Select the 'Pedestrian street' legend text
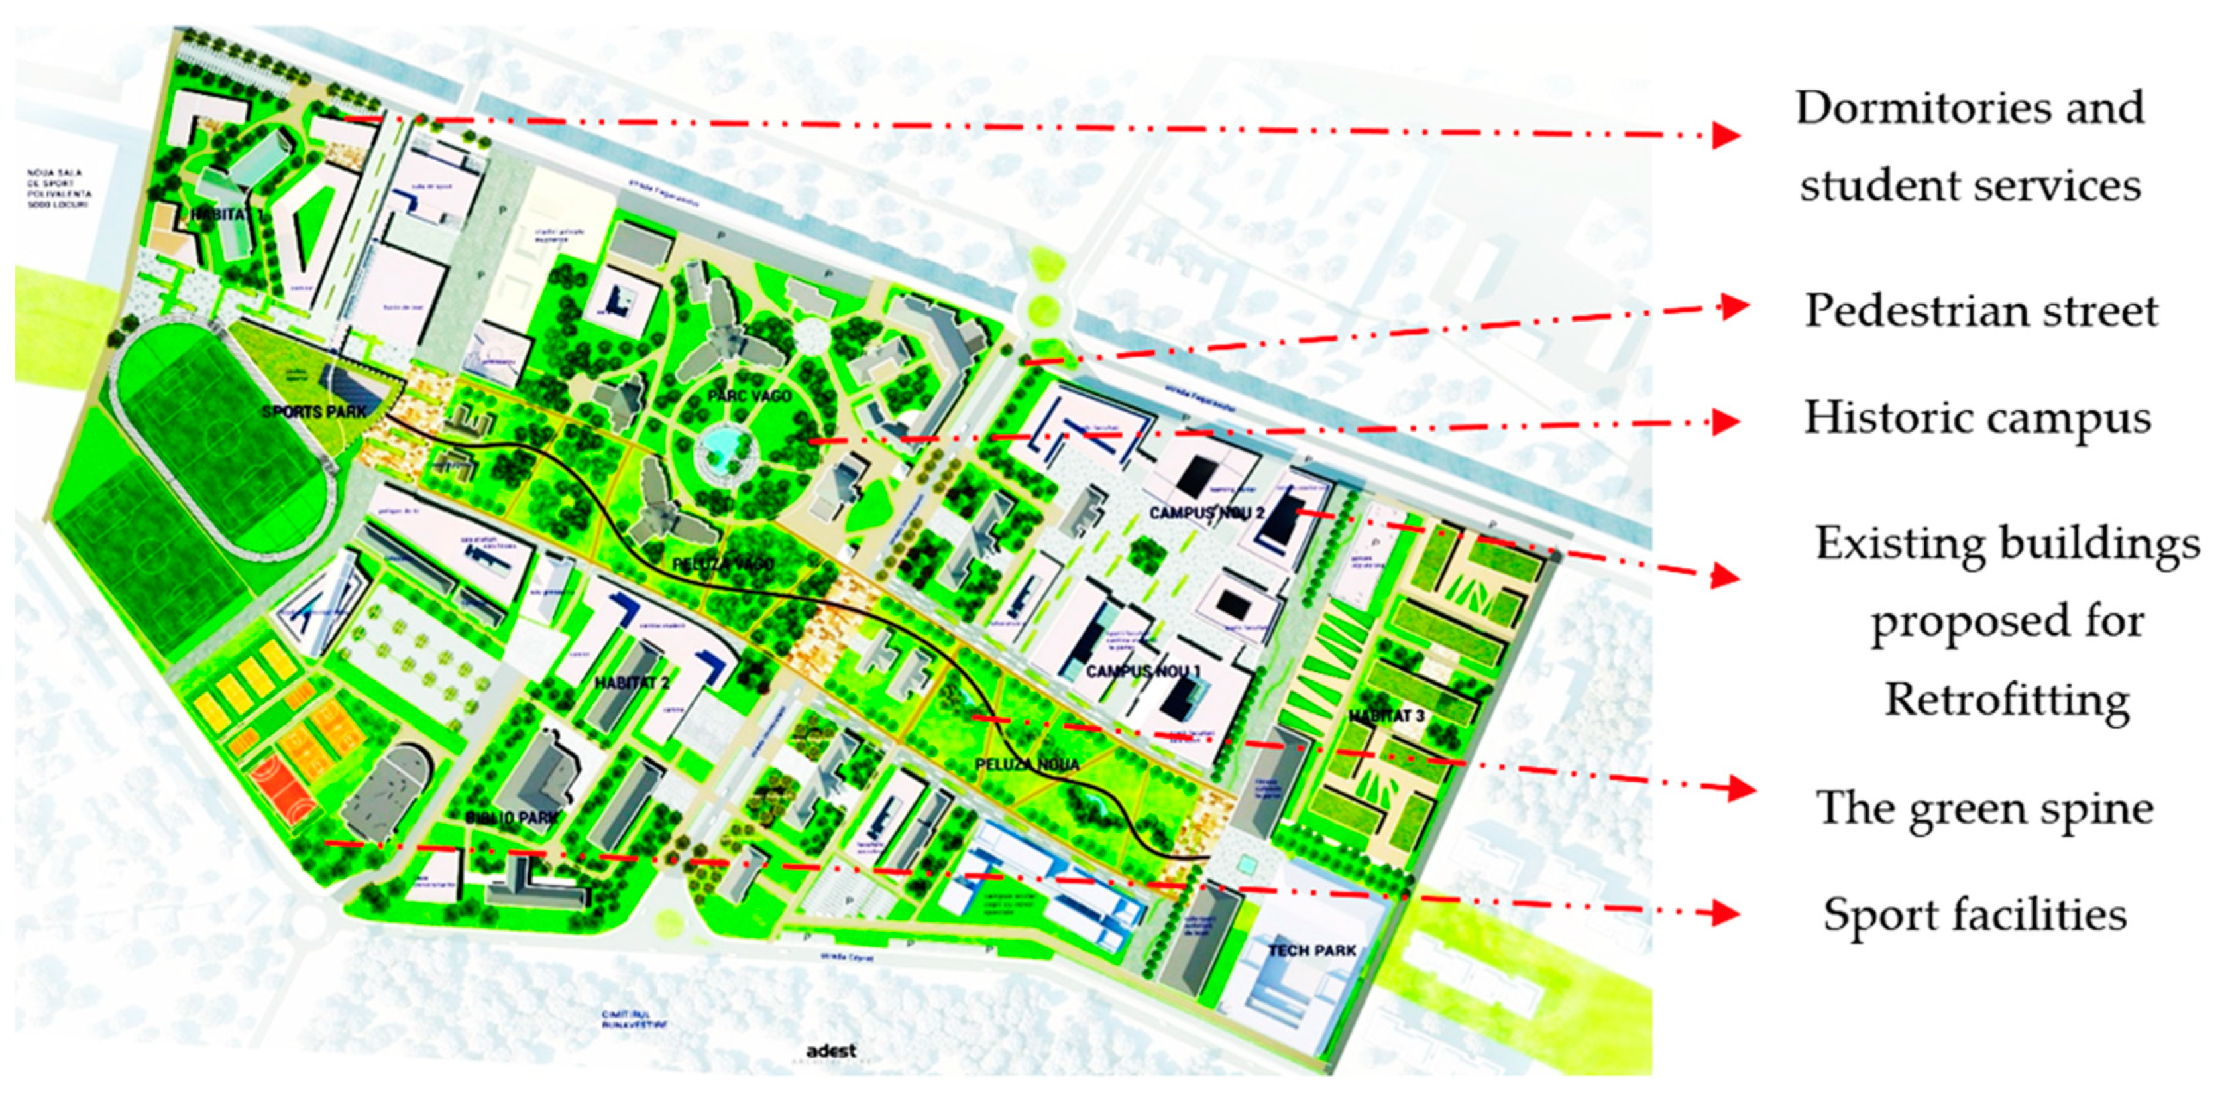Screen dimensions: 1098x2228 pos(1981,310)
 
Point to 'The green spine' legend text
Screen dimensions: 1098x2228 pos(1984,808)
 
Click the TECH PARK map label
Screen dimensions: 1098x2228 pos(1311,951)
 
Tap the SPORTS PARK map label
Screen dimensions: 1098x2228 pos(314,412)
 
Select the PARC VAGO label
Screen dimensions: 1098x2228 pos(749,396)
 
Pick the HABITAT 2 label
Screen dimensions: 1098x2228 pos(632,683)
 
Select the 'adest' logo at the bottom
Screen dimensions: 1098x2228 pos(830,1050)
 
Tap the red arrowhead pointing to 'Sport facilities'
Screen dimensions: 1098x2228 pos(1726,912)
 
